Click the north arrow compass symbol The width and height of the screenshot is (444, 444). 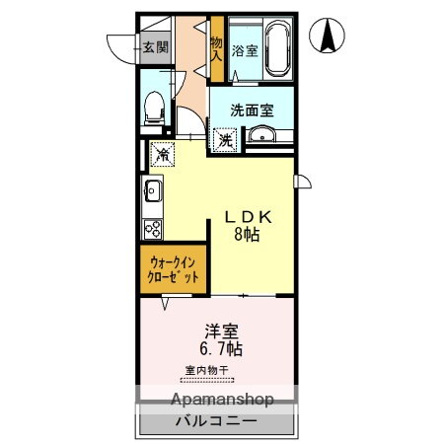point(327,36)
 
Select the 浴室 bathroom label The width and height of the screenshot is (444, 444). point(245,51)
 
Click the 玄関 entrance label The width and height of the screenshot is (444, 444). point(156,47)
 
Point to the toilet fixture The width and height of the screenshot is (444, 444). point(154,108)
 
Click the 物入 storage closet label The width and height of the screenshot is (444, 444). point(216,48)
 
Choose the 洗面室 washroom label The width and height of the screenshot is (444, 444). point(252,111)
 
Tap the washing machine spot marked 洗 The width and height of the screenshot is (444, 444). point(226,140)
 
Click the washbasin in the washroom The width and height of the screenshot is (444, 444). point(261,134)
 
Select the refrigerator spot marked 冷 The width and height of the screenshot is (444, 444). point(163,154)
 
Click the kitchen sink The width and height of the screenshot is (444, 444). point(153,190)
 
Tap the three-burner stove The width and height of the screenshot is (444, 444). point(153,229)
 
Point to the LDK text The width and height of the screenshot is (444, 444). point(249,217)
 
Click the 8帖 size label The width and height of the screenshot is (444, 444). point(247,235)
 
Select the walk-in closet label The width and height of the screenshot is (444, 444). point(173,270)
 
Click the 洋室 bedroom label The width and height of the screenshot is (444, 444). point(222,332)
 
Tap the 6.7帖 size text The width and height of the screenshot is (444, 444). point(221,348)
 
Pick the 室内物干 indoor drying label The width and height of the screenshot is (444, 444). point(207,371)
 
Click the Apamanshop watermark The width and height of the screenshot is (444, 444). point(222,400)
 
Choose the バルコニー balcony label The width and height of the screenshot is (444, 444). point(216,421)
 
